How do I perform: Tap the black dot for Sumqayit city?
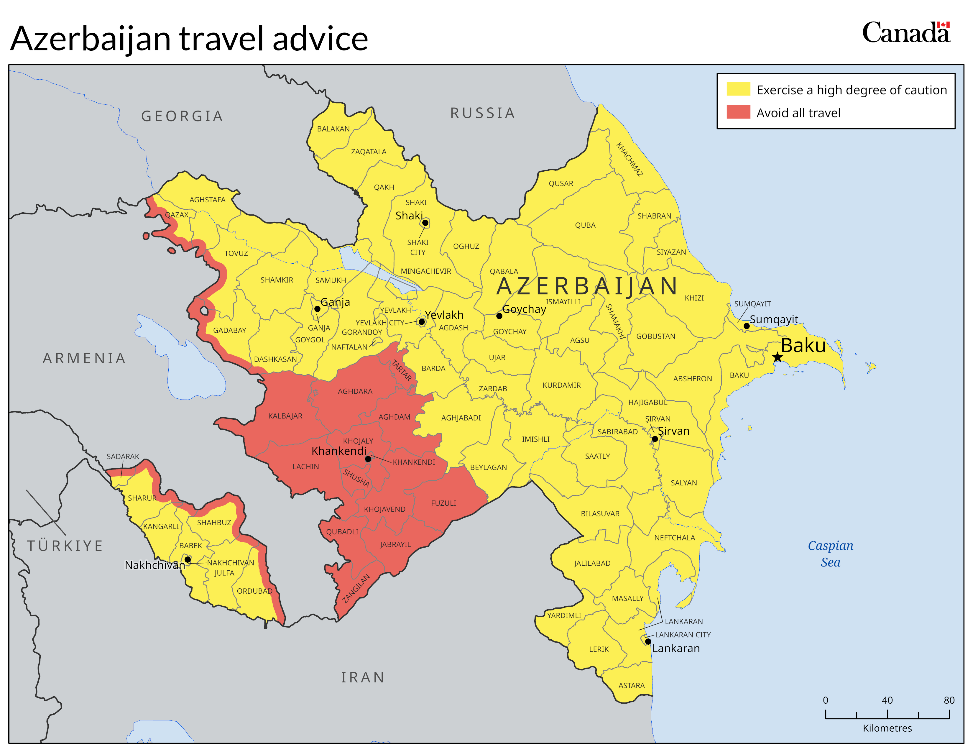coord(747,326)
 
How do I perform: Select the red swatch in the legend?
coord(738,112)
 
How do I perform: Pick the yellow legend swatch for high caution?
coord(738,89)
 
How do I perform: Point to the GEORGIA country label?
coord(182,116)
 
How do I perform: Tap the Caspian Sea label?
coord(830,554)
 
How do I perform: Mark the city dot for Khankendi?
coord(368,459)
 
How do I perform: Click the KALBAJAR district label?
coord(285,416)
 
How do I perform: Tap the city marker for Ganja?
coord(317,309)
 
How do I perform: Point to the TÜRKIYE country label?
coord(65,546)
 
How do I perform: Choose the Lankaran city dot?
coord(648,641)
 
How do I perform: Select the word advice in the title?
coord(320,39)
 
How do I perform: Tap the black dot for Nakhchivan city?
coord(188,559)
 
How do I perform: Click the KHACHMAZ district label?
coord(630,160)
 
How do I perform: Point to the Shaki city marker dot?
coord(425,223)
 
